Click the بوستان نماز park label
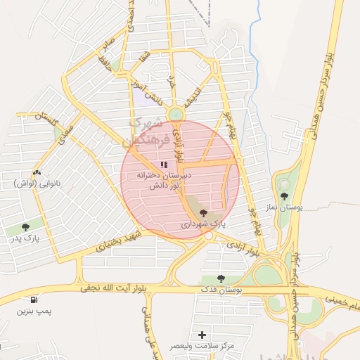(284, 209)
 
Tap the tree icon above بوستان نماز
(284, 197)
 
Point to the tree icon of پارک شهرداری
(204, 213)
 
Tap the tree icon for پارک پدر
(26, 227)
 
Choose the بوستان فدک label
(221, 290)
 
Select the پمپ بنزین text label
(34, 311)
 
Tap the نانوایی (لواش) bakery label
(35, 184)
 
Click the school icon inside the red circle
(164, 165)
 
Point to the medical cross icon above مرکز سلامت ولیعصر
(203, 335)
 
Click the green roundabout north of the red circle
(175, 114)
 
